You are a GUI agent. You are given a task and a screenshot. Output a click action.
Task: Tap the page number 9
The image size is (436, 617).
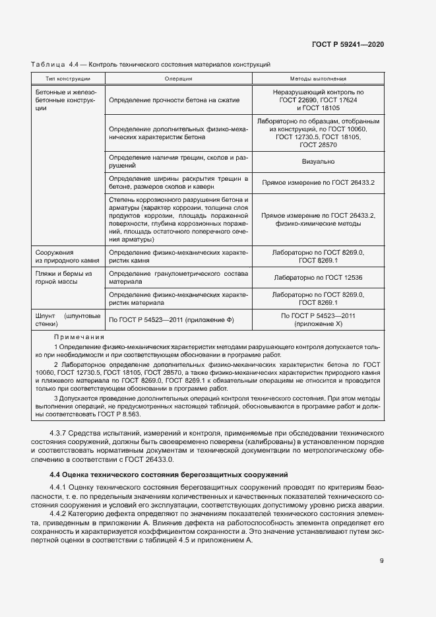pos(382,562)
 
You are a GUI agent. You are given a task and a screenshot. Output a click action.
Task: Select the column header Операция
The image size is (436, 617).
pos(178,79)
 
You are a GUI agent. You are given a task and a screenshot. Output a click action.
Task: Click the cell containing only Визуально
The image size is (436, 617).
pos(318,162)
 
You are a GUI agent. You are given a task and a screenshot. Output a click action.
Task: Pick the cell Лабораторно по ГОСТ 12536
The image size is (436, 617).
pos(318,278)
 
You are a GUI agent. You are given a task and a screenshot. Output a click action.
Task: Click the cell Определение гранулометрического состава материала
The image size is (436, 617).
pos(178,278)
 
